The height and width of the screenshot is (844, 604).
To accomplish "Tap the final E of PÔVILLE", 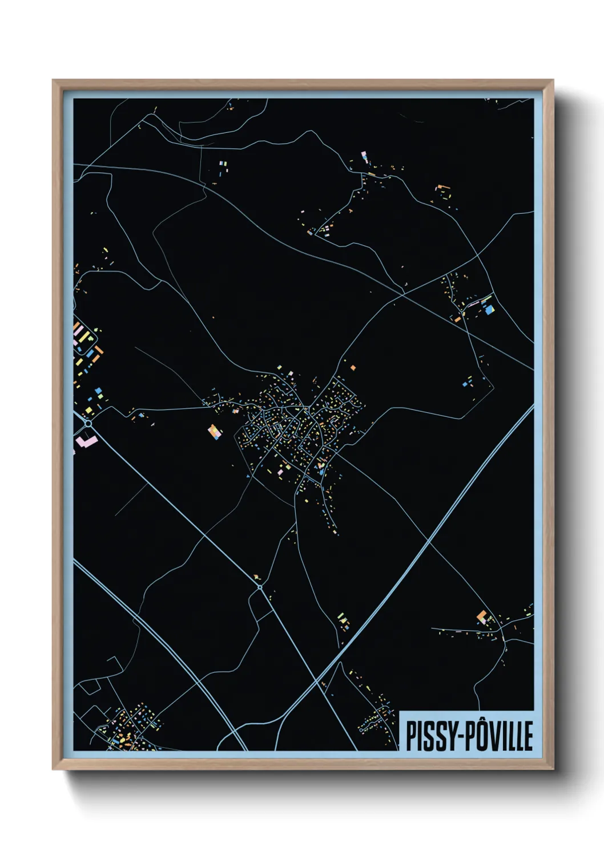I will tap(529, 736).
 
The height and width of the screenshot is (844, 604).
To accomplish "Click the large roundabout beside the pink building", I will tap(88, 424).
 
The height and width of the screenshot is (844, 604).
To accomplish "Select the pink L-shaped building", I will tap(86, 441).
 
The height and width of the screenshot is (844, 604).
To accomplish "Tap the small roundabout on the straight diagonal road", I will tap(260, 586).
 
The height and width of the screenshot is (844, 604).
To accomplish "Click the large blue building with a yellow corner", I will tap(488, 309).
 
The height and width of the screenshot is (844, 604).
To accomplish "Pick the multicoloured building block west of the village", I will tap(215, 432).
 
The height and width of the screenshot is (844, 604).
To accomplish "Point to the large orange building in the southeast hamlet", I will tap(482, 616).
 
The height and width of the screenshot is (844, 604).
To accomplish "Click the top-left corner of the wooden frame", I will tap(53, 80).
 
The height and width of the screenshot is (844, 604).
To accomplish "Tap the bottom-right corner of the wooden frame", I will tap(553, 769).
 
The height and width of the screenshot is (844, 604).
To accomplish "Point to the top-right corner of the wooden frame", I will tap(553, 80).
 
